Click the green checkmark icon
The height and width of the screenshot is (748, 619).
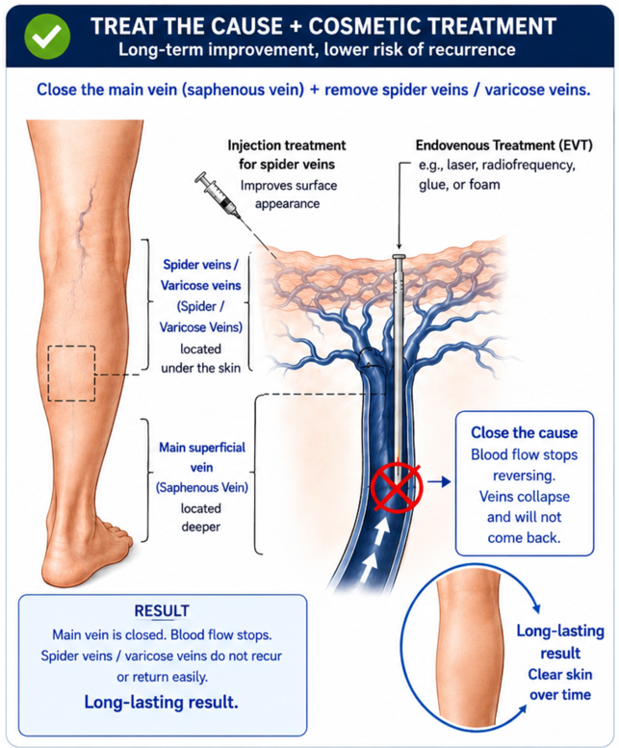pos(47,37)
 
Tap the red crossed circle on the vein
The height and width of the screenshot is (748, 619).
pos(397,487)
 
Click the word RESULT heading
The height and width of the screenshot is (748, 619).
pos(162,611)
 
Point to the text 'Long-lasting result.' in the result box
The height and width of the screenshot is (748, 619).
pos(161,702)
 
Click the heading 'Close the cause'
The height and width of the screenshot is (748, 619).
pos(524,432)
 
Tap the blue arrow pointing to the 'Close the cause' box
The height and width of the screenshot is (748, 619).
pos(439,481)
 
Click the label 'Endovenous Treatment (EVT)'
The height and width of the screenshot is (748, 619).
pos(504,145)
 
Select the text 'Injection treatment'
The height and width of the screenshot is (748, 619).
pos(287,145)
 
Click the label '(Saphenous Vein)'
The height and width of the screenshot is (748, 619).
pos(202,487)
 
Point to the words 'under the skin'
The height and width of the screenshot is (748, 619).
pos(201,369)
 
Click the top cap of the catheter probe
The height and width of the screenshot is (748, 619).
pos(399,257)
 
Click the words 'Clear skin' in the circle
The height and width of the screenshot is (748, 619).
pos(560,675)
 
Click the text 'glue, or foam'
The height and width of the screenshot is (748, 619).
pos(459,185)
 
